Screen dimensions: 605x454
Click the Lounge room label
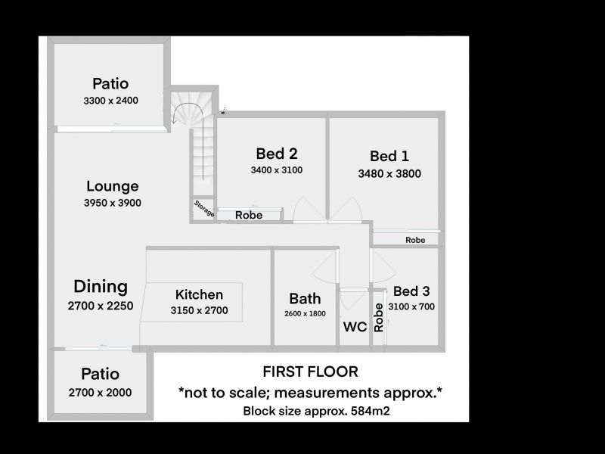coord(112,186)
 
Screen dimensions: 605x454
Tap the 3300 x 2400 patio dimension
coord(110,101)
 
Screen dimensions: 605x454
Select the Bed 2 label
coord(277,154)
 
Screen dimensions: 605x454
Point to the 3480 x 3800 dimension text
coord(389,174)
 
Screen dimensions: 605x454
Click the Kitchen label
coord(199,294)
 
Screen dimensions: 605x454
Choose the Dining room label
coord(101,287)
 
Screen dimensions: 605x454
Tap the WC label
coord(355,327)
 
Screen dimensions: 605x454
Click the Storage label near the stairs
coord(203,209)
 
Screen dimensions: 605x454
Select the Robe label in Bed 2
coord(249,215)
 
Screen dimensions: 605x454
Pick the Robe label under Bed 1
coord(415,240)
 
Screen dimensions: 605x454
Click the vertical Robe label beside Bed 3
coord(379,318)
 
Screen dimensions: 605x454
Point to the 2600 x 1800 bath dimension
coord(305,314)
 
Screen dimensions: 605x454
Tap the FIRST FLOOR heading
coord(310,372)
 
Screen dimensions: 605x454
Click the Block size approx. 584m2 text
coord(316,411)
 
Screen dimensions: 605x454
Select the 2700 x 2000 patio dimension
coord(100,393)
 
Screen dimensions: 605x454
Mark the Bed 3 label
coord(411,291)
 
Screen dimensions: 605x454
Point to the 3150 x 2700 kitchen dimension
coord(199,310)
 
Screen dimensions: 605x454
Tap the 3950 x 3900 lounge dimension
coord(112,203)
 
